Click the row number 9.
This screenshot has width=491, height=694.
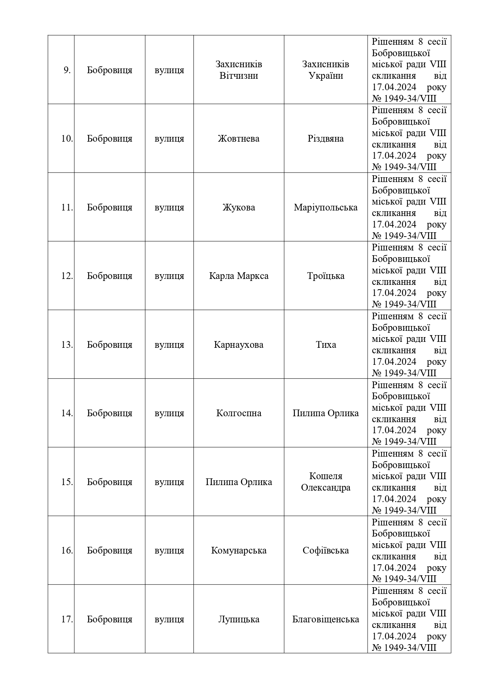click(x=67, y=70)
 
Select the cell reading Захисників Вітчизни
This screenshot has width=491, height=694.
click(x=239, y=70)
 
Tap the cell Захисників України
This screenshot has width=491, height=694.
click(x=326, y=70)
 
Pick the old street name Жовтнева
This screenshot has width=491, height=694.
click(x=239, y=139)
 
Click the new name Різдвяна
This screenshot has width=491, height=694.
click(x=326, y=139)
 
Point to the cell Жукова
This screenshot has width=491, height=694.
click(x=239, y=207)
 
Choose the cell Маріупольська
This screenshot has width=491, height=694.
click(x=326, y=207)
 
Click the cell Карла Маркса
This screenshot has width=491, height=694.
click(x=239, y=276)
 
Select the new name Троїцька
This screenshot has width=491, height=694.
click(x=326, y=276)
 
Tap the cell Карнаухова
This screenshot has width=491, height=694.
click(x=239, y=345)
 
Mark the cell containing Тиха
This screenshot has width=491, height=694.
click(x=326, y=345)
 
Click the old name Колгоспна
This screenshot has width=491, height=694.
click(x=239, y=413)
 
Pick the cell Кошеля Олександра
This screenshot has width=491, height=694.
click(x=326, y=482)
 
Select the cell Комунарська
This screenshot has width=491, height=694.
click(x=239, y=550)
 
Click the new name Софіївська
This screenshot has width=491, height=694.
click(x=326, y=550)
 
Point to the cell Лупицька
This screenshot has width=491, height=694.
click(x=239, y=619)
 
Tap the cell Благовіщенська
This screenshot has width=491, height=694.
click(x=326, y=619)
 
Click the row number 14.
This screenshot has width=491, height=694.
click(x=67, y=413)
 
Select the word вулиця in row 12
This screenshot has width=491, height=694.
click(x=169, y=276)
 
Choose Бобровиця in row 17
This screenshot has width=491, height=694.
click(x=110, y=619)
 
